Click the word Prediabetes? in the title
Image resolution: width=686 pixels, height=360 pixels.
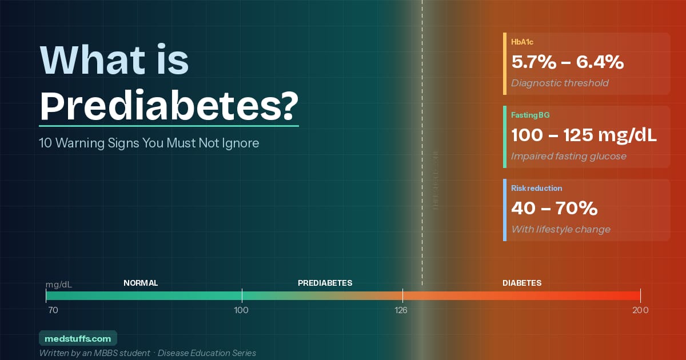tap(169, 105)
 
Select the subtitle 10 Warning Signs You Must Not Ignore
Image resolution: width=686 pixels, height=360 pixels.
tap(149, 143)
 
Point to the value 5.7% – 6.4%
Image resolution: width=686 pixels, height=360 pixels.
tap(567, 62)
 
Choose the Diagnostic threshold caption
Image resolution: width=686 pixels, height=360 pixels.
tap(560, 83)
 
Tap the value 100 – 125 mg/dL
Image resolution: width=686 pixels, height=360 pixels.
tap(584, 135)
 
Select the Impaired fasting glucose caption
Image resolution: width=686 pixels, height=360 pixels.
tap(569, 156)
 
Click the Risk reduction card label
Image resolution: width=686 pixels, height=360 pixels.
tap(537, 188)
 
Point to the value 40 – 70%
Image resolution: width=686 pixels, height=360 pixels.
tap(554, 209)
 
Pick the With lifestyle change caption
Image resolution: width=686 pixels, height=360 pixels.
tap(561, 229)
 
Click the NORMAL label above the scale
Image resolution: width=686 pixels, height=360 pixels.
tap(141, 283)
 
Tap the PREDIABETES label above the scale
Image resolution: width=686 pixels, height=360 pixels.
tap(325, 283)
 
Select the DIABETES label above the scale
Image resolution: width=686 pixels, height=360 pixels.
tap(522, 283)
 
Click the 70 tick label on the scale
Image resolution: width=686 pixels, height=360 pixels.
tap(53, 310)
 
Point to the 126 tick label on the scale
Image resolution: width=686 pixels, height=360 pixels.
tap(401, 310)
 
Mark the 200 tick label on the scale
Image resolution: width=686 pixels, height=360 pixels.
tap(640, 310)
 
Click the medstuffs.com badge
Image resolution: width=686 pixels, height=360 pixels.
tap(78, 338)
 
